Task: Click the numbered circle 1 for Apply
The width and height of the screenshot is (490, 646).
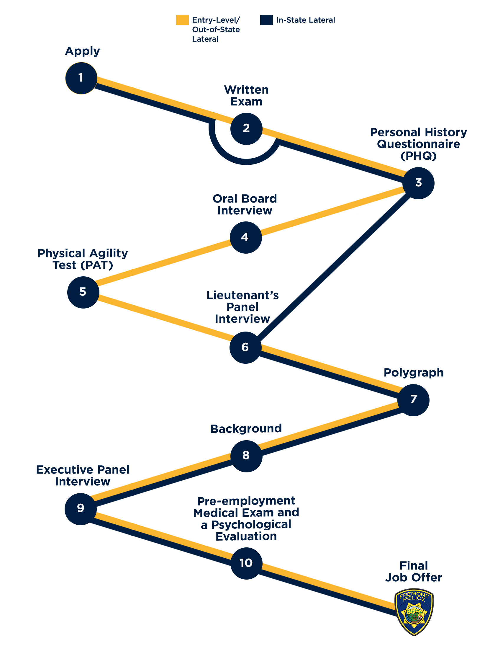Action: tap(81, 78)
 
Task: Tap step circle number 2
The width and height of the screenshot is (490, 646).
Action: tap(246, 129)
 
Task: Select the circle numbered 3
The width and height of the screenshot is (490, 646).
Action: tap(418, 183)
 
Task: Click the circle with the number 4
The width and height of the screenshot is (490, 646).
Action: tap(245, 237)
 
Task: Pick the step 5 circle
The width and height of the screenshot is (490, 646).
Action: tap(83, 292)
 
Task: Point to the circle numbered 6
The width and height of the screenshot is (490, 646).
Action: tap(245, 348)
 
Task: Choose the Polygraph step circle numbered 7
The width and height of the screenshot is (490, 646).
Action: tap(413, 400)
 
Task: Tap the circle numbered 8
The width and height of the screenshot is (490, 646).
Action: tap(246, 456)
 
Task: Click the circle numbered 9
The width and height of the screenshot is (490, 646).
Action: tap(81, 509)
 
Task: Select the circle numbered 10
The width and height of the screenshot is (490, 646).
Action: tap(246, 563)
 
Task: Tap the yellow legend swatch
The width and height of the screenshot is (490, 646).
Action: tap(182, 20)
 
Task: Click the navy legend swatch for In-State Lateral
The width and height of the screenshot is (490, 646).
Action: tap(266, 20)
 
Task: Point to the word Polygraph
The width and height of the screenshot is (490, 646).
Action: tap(414, 373)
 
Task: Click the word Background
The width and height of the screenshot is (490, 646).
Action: tap(246, 429)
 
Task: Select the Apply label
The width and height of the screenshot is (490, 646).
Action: tap(82, 51)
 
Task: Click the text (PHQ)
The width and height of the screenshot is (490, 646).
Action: tap(418, 156)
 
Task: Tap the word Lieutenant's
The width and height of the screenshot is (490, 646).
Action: tap(242, 295)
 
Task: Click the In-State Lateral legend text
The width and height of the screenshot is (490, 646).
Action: tap(305, 20)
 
